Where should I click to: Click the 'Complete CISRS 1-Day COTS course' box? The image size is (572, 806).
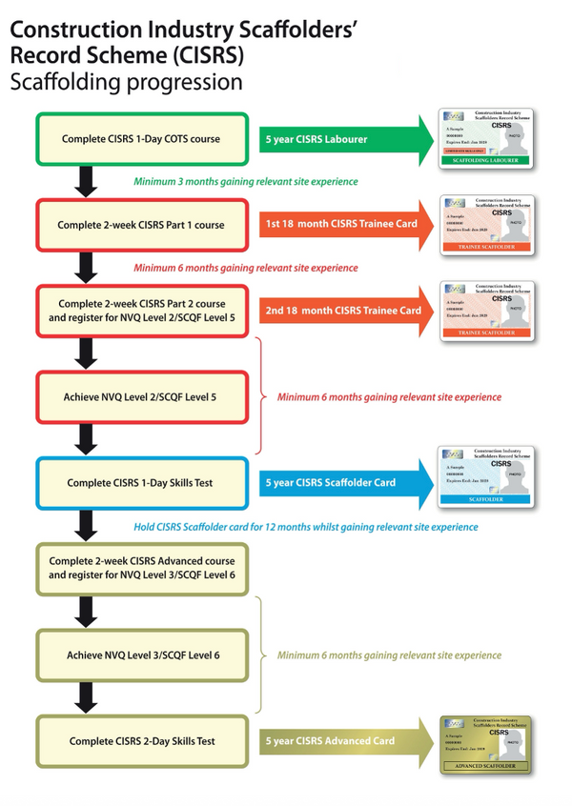click(141, 139)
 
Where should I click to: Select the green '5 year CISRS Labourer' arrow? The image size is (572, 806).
click(343, 139)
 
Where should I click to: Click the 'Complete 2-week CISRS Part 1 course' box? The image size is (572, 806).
click(141, 225)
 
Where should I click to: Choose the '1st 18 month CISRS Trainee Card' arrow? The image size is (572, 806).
click(343, 225)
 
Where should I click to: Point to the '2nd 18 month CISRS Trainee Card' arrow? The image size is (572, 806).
click(343, 311)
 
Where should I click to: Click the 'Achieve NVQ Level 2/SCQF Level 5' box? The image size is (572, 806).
click(141, 396)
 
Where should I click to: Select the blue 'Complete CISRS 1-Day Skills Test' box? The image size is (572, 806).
click(141, 483)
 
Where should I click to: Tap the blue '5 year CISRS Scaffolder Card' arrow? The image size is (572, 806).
click(343, 483)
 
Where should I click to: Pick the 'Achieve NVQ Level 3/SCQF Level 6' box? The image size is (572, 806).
click(141, 655)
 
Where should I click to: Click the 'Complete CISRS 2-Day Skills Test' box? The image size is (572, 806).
click(141, 740)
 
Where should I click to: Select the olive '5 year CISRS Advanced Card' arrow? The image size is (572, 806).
click(343, 740)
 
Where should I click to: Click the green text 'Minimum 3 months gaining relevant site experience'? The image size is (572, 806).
click(246, 181)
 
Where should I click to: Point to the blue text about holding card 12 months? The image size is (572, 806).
click(305, 526)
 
